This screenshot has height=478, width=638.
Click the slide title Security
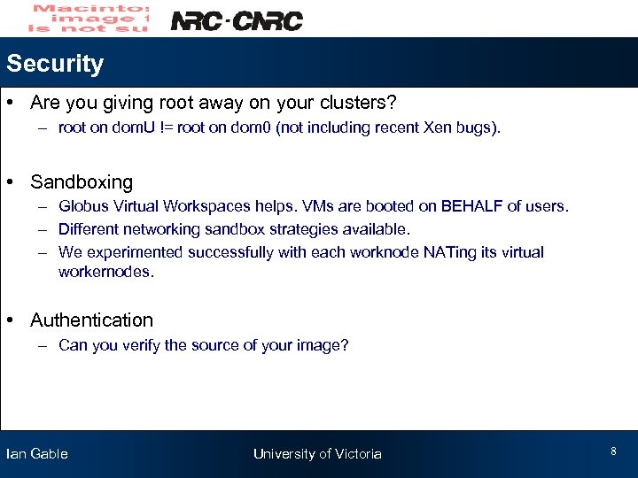click(54, 64)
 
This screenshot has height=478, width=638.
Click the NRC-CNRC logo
click(236, 20)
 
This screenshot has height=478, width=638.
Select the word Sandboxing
click(82, 182)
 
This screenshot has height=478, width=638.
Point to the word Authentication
click(91, 320)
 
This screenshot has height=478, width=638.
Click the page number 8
click(613, 451)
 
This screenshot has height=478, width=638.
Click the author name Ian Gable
click(37, 454)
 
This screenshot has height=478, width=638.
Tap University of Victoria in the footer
click(317, 454)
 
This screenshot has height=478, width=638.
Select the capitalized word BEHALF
click(465, 206)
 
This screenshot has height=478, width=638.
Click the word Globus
click(82, 206)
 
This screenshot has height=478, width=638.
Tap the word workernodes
click(105, 272)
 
